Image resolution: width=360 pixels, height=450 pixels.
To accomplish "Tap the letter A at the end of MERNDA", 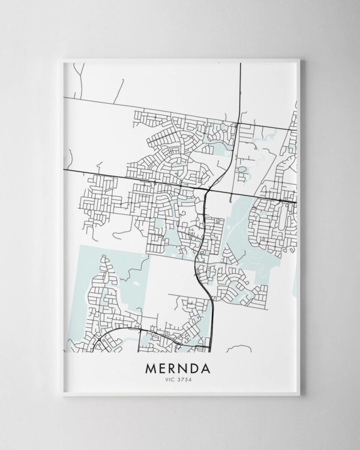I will pos(213,367).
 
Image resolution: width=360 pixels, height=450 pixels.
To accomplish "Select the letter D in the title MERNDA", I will pos(200,367).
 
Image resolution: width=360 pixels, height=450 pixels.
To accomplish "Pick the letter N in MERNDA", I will pos(187,367).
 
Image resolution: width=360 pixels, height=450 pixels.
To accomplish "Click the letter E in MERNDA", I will pos(161,367).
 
